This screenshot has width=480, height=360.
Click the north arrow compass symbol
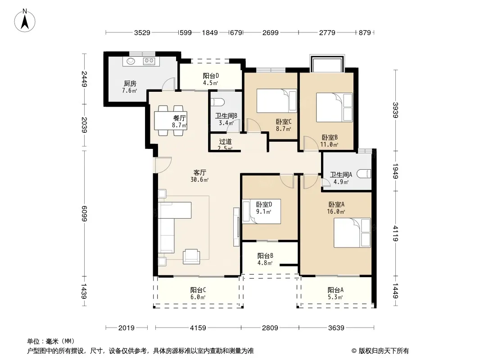pos(25,20)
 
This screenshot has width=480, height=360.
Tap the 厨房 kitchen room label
pos(130,83)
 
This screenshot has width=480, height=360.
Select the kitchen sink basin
pos(131,61)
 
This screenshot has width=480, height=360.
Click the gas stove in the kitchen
pos(149,62)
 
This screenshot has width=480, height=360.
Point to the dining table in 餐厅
pos(171,121)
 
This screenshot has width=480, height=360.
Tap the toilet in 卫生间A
pos(364,173)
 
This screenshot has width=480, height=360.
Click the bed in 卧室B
pos(334,108)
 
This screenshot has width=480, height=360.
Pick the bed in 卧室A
pos(352,233)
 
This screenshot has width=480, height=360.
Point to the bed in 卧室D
pos(262,211)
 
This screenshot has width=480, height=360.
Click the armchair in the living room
pos(191,256)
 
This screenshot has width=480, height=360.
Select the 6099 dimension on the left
pos(84,213)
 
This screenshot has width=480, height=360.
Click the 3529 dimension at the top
pos(142,32)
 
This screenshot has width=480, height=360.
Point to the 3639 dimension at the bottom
pos(336,328)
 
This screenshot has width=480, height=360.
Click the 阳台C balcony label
pos(198,290)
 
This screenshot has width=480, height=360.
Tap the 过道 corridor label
pos(225,142)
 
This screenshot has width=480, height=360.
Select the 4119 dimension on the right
pos(395,233)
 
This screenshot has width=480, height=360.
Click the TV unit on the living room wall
pos(236,227)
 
